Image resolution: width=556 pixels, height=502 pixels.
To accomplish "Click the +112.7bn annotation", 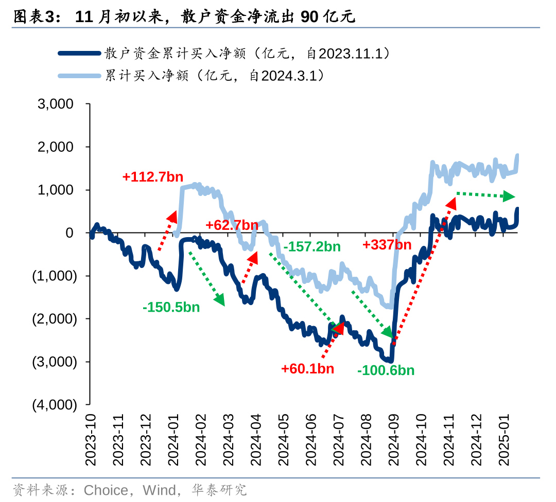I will pos(153,177).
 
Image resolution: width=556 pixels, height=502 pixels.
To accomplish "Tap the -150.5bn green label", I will pos(171,308).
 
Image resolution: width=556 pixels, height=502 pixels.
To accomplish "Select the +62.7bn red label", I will pos(232,225).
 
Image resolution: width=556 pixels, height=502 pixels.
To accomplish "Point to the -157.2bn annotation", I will pos(312,246).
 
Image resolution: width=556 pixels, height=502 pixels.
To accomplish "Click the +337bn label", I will pos(387,244).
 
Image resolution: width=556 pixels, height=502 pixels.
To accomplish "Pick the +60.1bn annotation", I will pos(307,368).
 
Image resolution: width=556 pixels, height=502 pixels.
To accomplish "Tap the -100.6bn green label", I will pos(386,370).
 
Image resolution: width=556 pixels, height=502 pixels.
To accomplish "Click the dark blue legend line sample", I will pos(79,53).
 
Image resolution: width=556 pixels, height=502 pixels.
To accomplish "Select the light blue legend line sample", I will pos(79,76).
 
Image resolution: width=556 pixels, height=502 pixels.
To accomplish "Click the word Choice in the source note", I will pos(106,490).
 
